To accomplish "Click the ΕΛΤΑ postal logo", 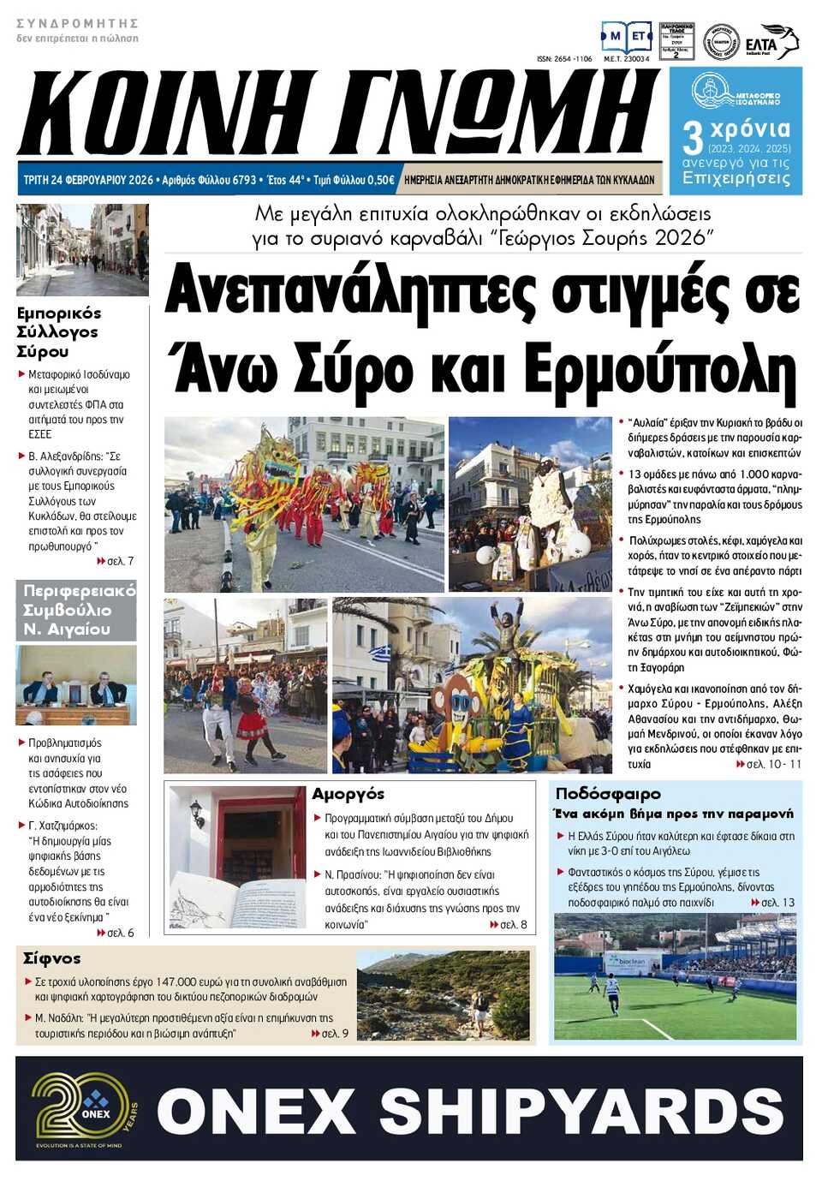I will click(770, 42).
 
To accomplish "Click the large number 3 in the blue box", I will click(692, 139).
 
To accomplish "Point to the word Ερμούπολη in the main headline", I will click(660, 370).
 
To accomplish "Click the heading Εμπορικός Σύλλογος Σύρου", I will click(58, 332).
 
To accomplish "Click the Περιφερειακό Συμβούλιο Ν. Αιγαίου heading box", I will click(76, 610).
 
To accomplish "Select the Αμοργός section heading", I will click(348, 794).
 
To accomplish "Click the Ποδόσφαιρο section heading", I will click(608, 794).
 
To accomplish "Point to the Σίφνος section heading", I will click(52, 958).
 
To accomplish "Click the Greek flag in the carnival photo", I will click(379, 655).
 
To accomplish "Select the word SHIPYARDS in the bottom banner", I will click(581, 1111).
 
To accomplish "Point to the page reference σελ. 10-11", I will click(773, 764).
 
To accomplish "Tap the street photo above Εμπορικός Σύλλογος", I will click(82, 249).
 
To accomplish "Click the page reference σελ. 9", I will click(335, 1034).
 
